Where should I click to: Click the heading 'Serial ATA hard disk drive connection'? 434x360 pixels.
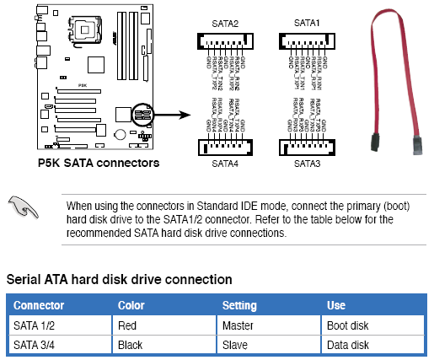(119, 278)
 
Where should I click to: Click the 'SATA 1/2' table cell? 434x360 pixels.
(34, 324)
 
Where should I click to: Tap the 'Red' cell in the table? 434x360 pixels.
(127, 324)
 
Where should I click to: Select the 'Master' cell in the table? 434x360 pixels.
(238, 324)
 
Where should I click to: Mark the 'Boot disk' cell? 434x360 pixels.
(347, 324)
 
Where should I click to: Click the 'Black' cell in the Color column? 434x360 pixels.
(131, 344)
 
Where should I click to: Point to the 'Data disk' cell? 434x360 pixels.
(347, 344)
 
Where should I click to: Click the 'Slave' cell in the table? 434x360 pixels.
(235, 344)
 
